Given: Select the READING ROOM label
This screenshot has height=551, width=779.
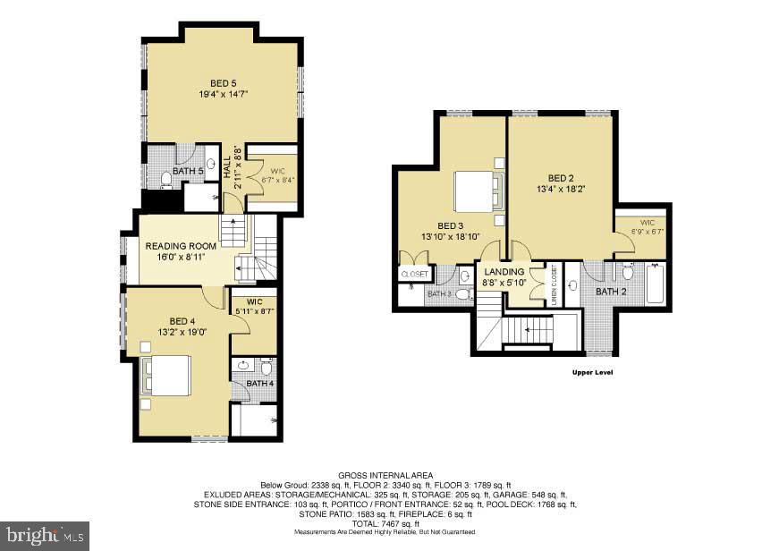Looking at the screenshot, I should click(182, 246).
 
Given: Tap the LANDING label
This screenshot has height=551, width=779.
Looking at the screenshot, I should click(504, 272).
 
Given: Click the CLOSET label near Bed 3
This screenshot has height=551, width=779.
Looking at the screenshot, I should click(415, 275).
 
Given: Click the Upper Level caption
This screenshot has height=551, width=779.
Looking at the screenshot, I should click(591, 372).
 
